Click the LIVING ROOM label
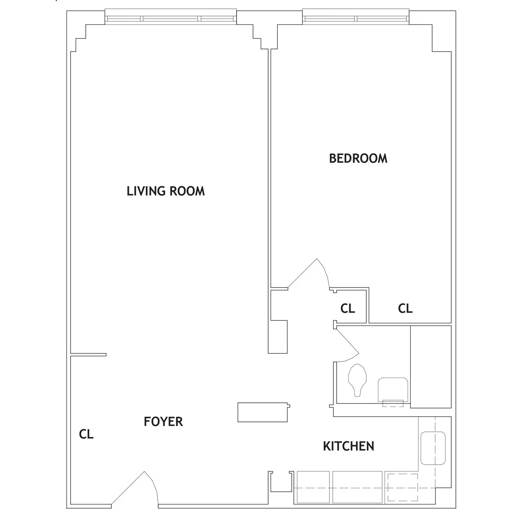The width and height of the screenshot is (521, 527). pos(166,191)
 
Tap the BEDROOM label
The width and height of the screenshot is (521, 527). pos(358,159)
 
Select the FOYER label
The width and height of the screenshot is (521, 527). pos(163,422)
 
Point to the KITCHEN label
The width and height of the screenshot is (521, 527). pos(348,446)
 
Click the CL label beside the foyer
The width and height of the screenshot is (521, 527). pos(86,434)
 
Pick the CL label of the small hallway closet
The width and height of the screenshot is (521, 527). pos(348,309)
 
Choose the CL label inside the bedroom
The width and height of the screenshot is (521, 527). pos(405,309)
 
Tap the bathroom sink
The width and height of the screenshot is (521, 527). pos(393,390)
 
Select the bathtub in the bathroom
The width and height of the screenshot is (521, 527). pos(431,367)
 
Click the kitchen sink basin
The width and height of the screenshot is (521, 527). pos(433,452)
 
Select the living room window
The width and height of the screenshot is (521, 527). pos(170,18)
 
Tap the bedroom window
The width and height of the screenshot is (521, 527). pos(356,18)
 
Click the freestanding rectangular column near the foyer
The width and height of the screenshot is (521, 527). pos(263,412)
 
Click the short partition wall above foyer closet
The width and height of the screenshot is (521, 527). pos(88,355)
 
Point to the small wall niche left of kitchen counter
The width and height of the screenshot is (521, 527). pos(281,482)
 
